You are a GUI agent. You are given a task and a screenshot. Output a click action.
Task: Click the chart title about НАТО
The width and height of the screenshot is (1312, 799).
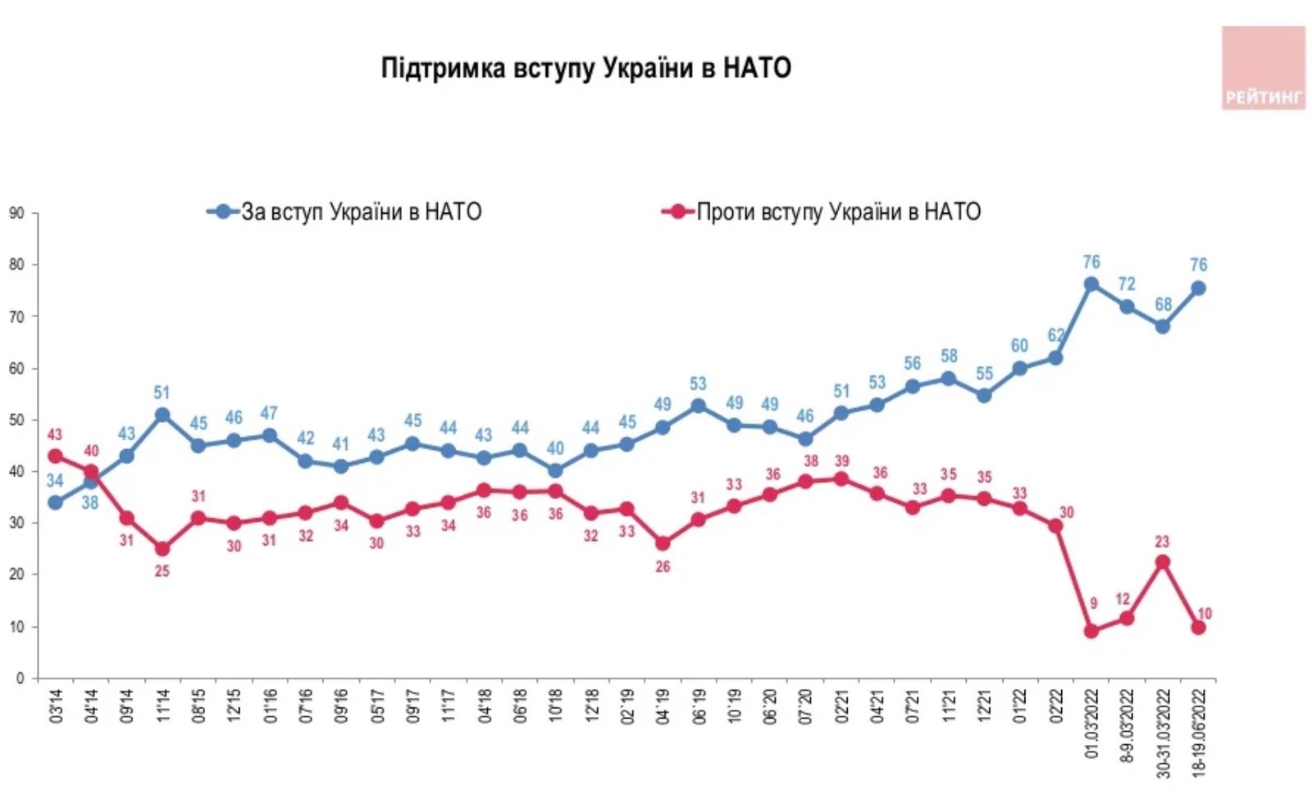pos(585,68)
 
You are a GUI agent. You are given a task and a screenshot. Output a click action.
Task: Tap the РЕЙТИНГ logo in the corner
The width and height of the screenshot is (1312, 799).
pos(1263,68)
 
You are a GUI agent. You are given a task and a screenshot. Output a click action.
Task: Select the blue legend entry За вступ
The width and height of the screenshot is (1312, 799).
pos(344,212)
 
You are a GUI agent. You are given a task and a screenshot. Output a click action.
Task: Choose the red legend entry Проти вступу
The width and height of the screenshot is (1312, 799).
pos(822,212)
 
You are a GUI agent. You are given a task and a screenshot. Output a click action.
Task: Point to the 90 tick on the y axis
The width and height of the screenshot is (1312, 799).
pos(16,213)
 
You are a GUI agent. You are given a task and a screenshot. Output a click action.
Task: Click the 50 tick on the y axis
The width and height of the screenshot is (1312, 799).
pos(16,420)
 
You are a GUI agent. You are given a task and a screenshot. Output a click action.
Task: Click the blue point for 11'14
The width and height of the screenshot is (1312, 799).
pos(162,415)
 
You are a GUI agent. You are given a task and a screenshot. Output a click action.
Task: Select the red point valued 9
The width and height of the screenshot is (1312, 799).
pos(1091,631)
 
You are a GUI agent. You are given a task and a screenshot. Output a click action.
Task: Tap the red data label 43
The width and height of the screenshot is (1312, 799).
pos(55,435)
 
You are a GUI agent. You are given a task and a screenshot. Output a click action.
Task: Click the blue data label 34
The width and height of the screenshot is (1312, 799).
pos(55,481)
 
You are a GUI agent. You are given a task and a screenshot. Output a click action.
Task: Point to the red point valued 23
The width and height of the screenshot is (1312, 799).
pos(1162,562)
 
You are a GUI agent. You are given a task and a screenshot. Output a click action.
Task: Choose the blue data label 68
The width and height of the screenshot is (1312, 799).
pos(1163,305)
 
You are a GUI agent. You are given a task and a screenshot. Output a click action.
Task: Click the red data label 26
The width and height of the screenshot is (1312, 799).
pos(663,566)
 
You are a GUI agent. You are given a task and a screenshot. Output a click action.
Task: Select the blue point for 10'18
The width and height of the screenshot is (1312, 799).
pos(555,470)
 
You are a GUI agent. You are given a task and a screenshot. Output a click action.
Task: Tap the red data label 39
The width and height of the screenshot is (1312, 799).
pos(841,461)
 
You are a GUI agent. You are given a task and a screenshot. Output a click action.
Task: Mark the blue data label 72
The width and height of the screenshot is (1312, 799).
pos(1127,284)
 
